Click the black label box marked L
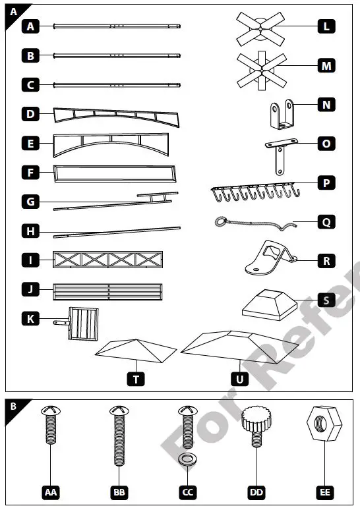point(326,27)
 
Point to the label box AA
point(51,492)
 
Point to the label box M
point(326,65)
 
